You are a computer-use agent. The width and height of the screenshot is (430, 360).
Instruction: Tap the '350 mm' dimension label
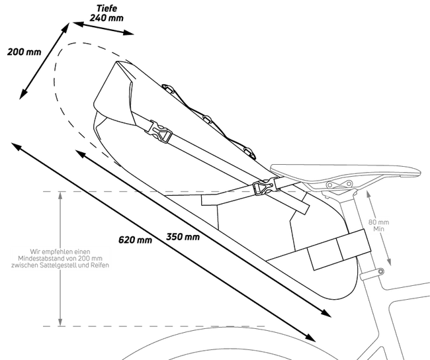(183, 236)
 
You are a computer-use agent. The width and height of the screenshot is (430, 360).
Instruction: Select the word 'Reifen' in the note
(98, 265)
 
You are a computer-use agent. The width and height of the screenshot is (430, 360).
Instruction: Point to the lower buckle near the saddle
(261, 187)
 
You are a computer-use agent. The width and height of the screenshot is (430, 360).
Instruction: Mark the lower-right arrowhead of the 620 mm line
(311, 339)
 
